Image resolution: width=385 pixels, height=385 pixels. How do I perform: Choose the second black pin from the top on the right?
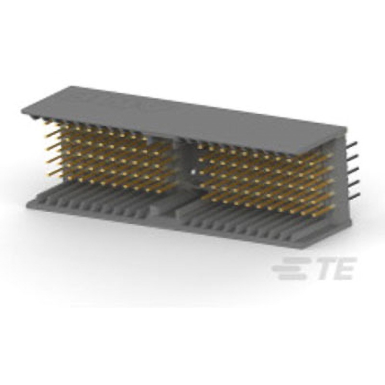tap(352, 157)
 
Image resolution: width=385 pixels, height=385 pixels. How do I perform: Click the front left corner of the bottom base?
tap(28, 205)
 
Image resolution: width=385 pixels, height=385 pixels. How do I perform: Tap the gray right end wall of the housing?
tap(341, 183)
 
